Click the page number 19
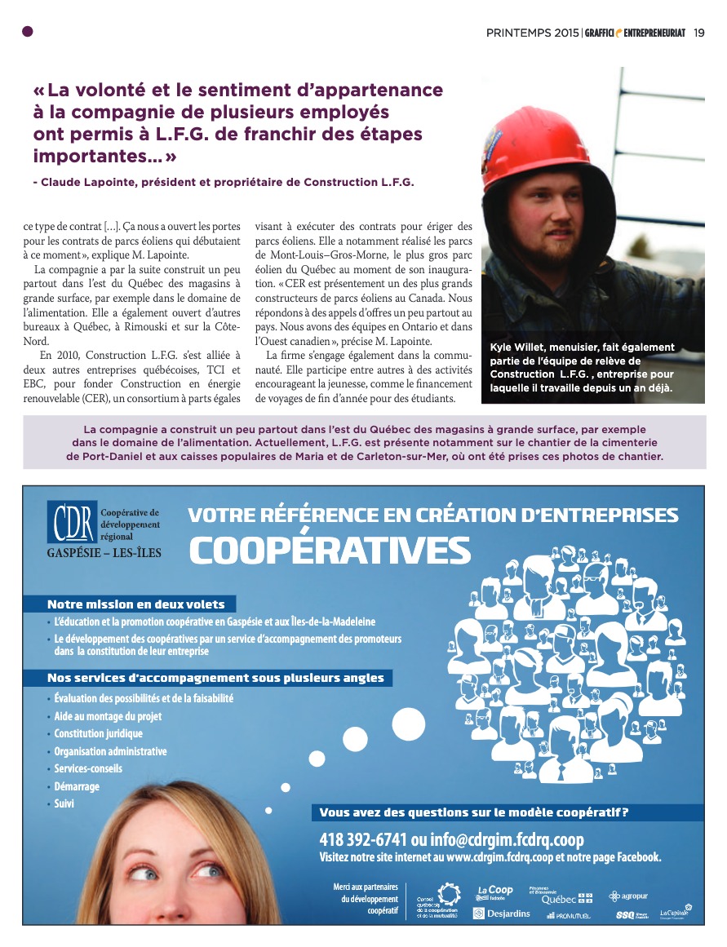point(699,33)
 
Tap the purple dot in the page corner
point(28,32)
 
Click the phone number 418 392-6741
point(362,839)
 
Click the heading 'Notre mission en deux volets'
point(135,604)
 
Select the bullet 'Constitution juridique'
point(98,734)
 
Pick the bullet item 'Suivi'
point(64,804)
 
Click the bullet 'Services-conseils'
point(88,769)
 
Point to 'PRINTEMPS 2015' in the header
point(532,33)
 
